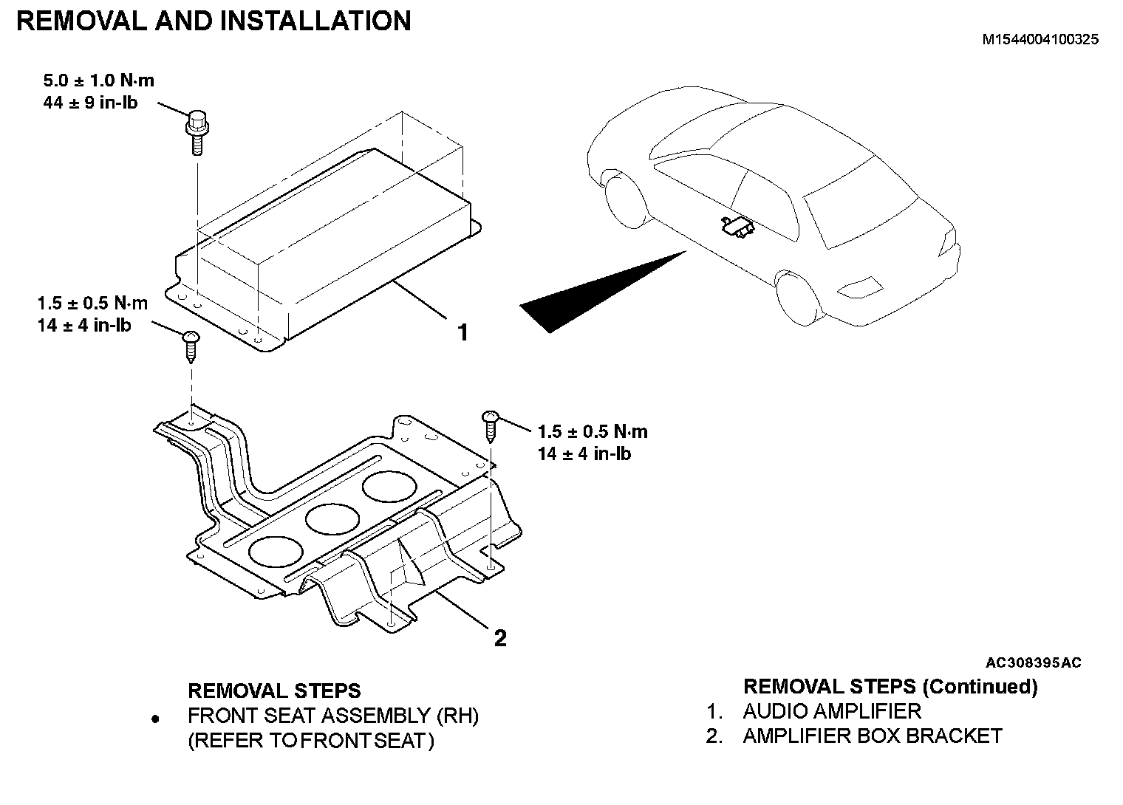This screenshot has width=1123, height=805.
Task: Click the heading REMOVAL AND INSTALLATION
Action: pos(214,21)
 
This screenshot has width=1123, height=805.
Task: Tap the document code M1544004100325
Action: pos(1040,40)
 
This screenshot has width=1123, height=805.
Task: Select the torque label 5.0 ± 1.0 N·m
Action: pos(99,80)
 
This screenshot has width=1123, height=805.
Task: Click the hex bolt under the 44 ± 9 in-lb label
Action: pos(197,131)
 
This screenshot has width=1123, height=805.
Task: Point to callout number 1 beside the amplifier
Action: pos(463,333)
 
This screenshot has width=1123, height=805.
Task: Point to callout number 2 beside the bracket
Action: pos(500,637)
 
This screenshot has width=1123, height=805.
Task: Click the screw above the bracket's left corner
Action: pos(191,346)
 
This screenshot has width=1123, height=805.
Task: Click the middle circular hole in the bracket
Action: pos(332,519)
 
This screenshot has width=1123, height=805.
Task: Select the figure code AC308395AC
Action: pos(1033,662)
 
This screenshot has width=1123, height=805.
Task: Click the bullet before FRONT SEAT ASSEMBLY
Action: pos(155,718)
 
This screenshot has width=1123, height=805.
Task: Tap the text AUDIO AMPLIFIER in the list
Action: pos(832,711)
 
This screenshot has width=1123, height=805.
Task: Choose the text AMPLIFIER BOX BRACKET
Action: pos(873,736)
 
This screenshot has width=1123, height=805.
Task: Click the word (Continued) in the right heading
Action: pos(980,687)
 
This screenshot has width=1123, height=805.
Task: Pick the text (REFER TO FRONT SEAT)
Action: pos(311,740)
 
